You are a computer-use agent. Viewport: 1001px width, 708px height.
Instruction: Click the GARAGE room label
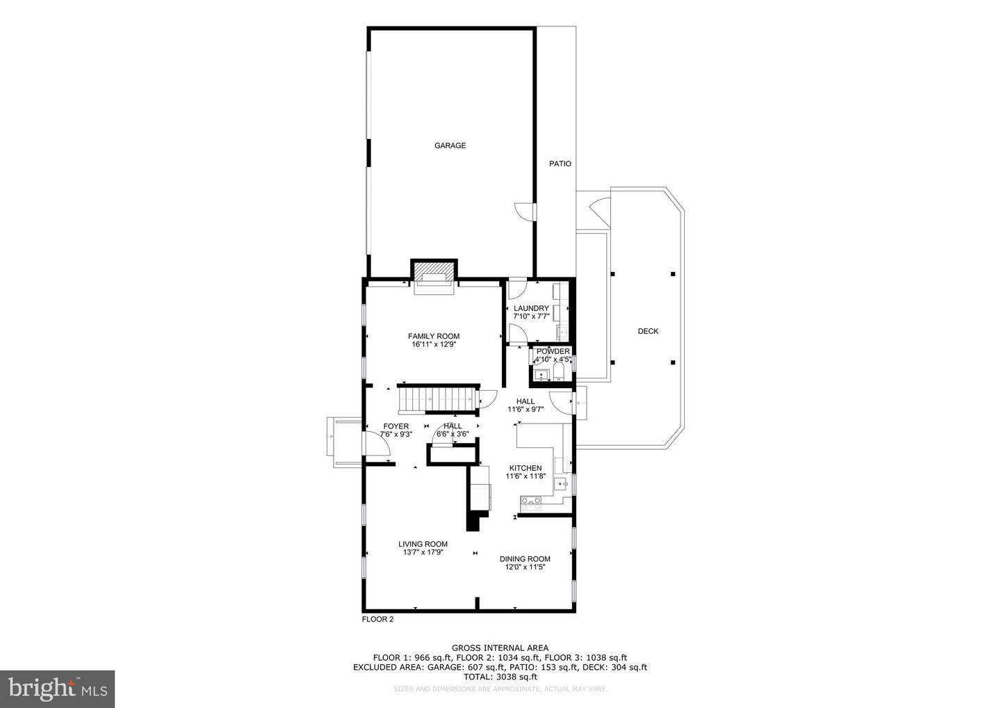click(450, 145)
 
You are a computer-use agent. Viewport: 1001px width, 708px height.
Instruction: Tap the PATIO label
click(560, 163)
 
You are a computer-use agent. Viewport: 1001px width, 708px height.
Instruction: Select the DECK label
click(648, 331)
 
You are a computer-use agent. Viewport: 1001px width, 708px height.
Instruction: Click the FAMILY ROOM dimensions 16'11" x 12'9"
click(433, 344)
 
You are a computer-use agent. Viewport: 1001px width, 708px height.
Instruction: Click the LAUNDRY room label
click(531, 308)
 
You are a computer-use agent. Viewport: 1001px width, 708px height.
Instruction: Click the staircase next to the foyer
click(437, 400)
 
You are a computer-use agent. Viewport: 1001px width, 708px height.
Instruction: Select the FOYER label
click(396, 426)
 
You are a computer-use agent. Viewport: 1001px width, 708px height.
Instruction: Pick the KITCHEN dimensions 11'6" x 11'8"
click(525, 476)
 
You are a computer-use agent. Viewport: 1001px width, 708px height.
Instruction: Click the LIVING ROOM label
click(423, 544)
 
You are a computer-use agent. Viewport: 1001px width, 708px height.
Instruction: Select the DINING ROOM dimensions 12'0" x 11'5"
click(525, 567)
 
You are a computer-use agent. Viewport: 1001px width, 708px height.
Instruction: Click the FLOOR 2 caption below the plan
click(377, 619)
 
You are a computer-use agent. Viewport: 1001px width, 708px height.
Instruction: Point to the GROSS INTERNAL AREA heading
click(500, 647)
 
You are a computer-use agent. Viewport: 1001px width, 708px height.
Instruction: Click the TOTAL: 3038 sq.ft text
click(500, 676)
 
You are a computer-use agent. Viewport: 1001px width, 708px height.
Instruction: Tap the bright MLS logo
click(57, 689)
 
